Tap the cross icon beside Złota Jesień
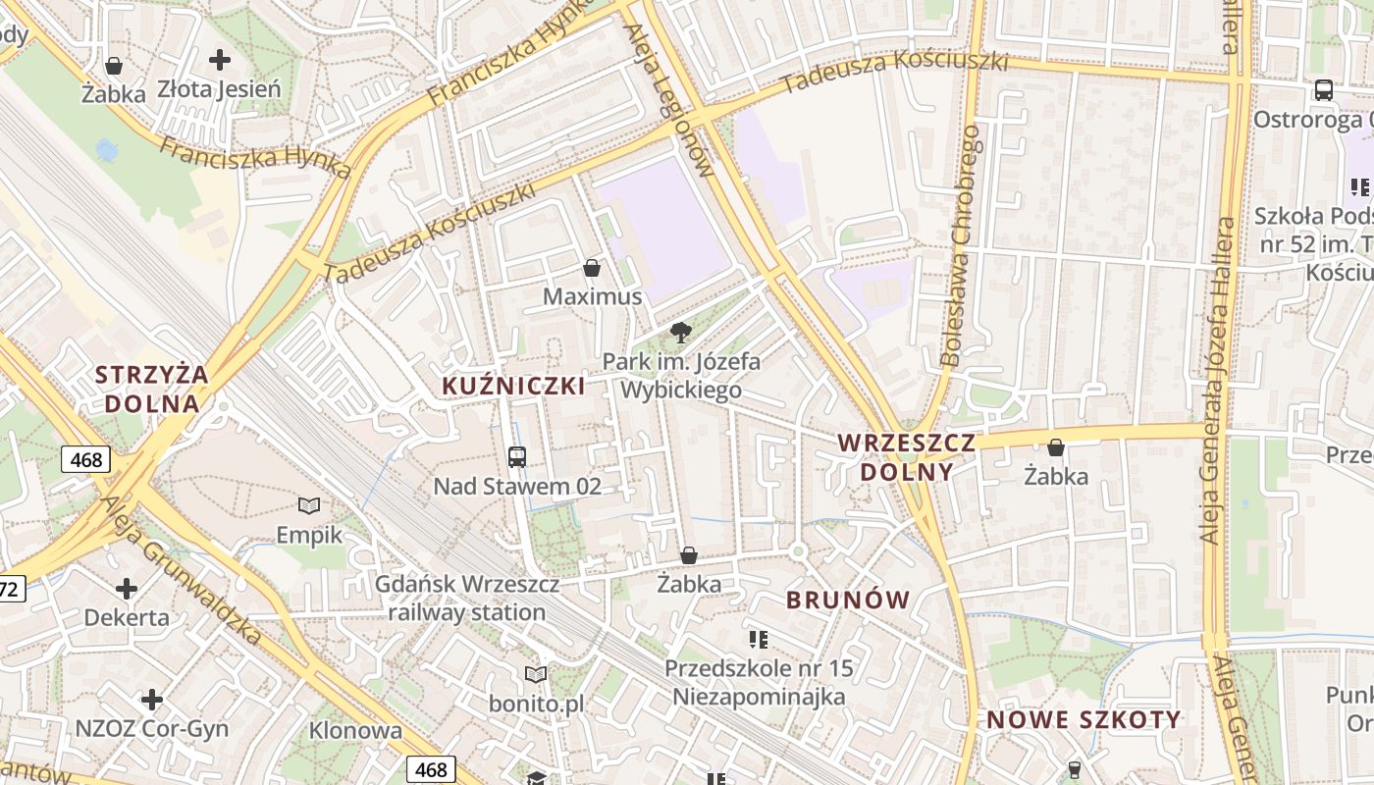(220, 60)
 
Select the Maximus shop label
(593, 296)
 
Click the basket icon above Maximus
(592, 268)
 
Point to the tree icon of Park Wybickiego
(680, 332)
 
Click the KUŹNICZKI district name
(513, 386)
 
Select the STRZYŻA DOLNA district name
(152, 389)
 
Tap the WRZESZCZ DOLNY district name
(907, 457)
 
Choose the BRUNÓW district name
(849, 600)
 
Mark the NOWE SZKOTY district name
(1083, 719)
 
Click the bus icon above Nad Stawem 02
(517, 456)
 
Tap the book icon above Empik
(309, 506)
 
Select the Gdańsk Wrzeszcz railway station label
(467, 599)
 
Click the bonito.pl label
(536, 704)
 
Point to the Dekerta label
(127, 618)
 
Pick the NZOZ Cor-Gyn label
(152, 729)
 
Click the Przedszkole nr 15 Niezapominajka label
(759, 683)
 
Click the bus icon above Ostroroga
(1324, 91)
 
